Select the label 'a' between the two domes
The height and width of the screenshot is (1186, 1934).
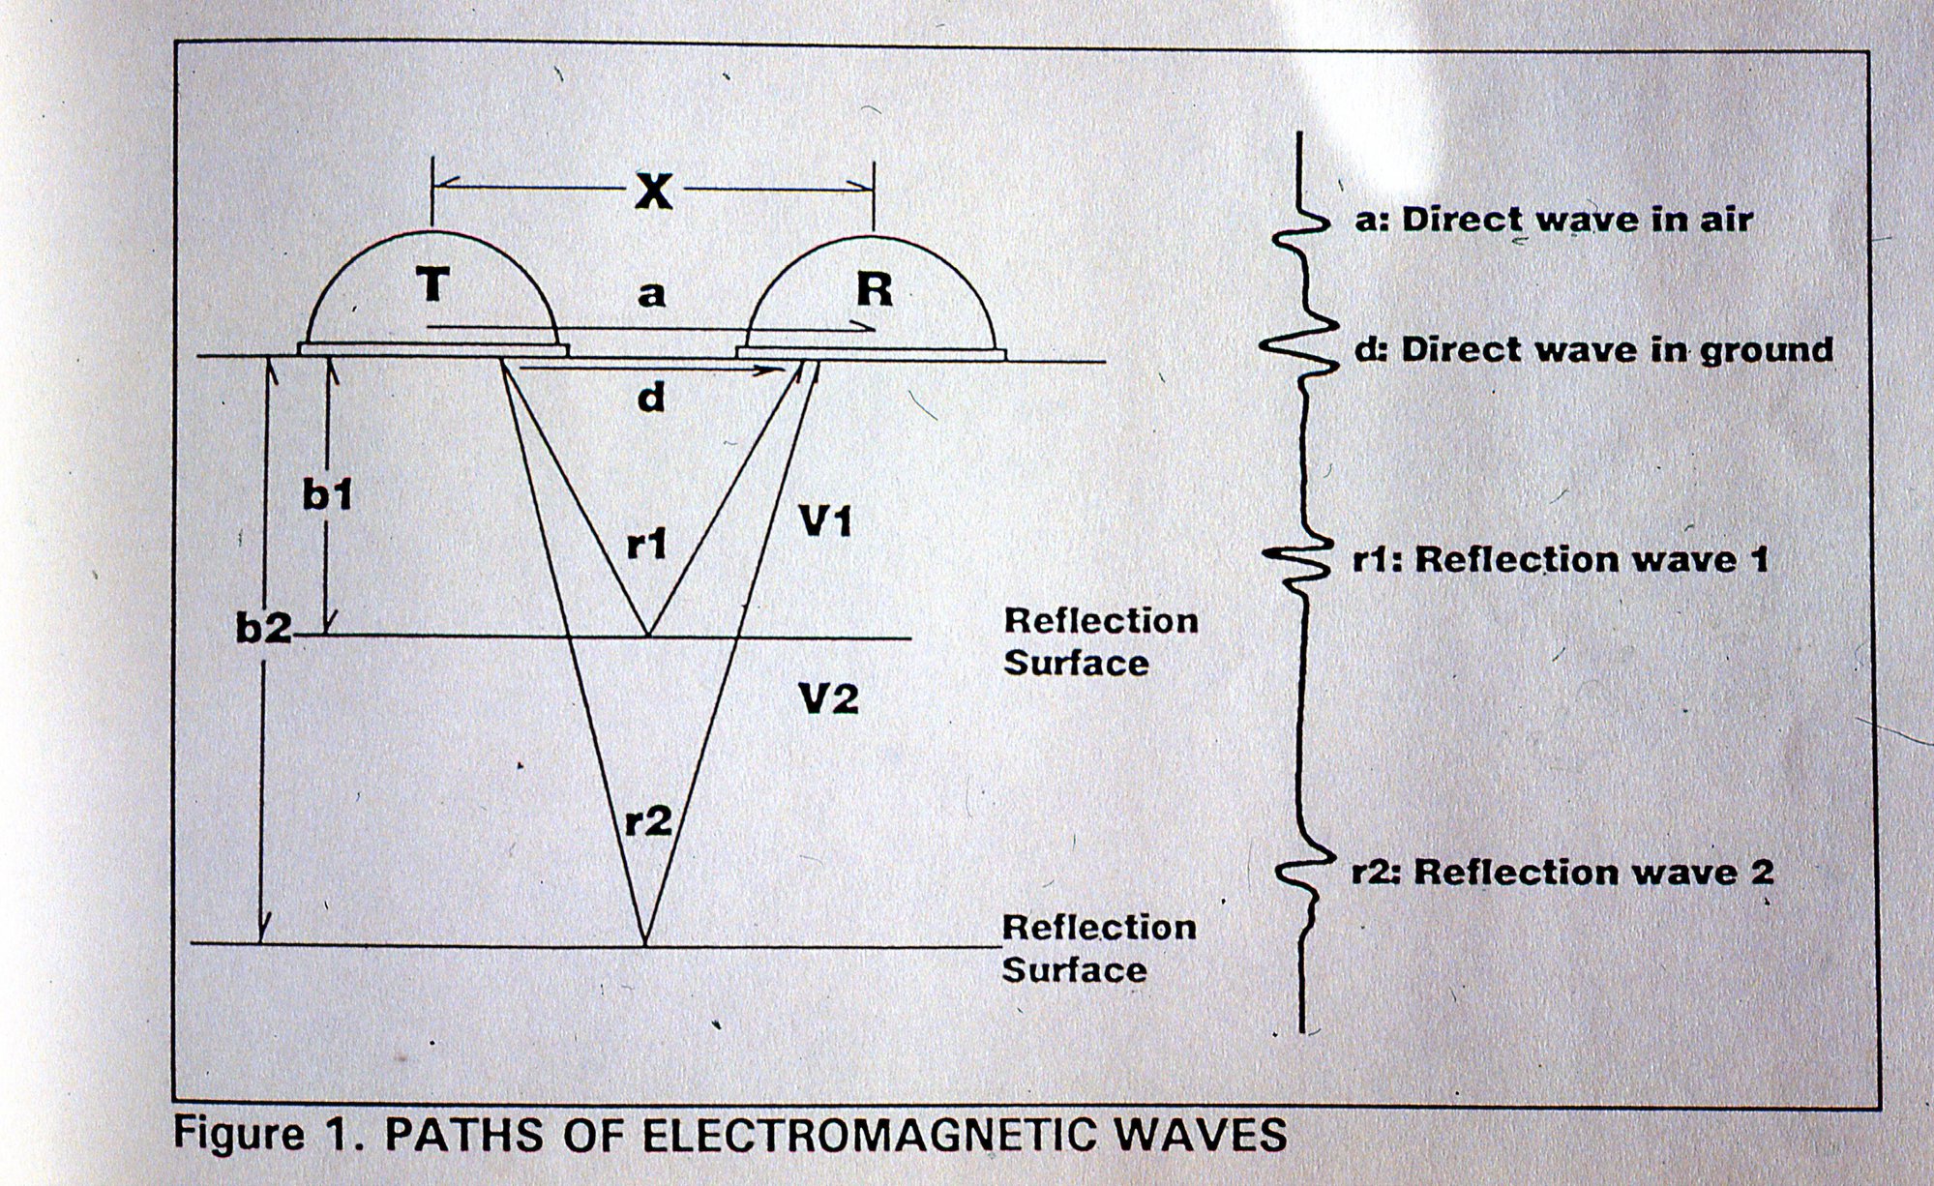coord(653,292)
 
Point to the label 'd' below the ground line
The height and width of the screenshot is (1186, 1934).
coord(651,396)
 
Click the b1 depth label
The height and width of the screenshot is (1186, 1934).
coord(327,495)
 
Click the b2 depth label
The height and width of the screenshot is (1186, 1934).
coord(263,629)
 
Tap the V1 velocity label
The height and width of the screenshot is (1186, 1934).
coord(825,523)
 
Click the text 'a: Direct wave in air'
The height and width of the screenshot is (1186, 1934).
coord(1553,220)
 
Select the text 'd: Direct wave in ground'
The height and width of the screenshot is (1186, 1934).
coord(1593,349)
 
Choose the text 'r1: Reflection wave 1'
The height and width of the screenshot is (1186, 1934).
coord(1560,560)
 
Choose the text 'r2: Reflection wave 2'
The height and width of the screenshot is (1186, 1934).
coord(1562,873)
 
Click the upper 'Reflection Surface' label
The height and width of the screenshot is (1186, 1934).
coord(1101,642)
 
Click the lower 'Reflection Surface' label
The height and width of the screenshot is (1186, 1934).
coord(1099,948)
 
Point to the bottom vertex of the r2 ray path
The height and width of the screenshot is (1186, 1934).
coord(644,943)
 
